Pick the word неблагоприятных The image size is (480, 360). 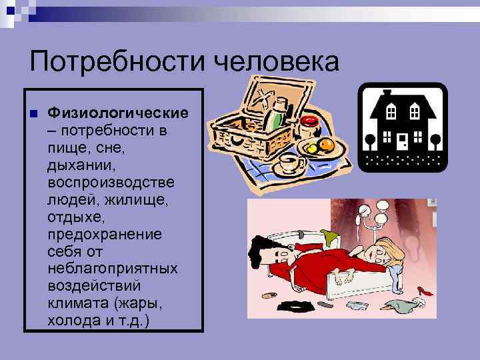tap(112, 268)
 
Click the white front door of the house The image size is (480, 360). tap(402, 141)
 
